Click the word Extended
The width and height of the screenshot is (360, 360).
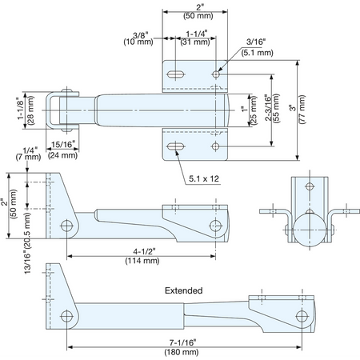[184, 290]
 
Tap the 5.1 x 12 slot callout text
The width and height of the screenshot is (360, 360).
[204, 178]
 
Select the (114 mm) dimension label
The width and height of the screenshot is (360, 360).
[142, 261]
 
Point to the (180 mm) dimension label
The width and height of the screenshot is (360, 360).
[182, 352]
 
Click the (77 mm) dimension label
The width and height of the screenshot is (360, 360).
[302, 110]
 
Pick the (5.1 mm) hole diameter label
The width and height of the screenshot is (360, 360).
[258, 53]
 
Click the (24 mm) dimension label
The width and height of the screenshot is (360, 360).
[62, 155]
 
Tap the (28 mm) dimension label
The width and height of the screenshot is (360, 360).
[30, 110]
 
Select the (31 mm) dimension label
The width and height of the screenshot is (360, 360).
[195, 42]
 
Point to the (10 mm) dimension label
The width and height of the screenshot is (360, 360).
[138, 42]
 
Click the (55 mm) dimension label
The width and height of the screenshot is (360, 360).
[276, 108]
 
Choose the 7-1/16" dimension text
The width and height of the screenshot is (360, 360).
[182, 342]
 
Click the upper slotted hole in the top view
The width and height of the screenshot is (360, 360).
[176, 74]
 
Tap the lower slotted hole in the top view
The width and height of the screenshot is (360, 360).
[176, 146]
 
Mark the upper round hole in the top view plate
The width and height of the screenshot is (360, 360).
[216, 74]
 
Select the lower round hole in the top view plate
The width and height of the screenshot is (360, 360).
[215, 146]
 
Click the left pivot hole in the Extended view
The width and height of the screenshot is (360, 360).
[67, 317]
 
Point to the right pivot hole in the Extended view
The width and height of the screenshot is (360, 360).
[302, 317]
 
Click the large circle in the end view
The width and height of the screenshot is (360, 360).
[310, 230]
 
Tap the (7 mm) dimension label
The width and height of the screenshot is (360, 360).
[28, 157]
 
